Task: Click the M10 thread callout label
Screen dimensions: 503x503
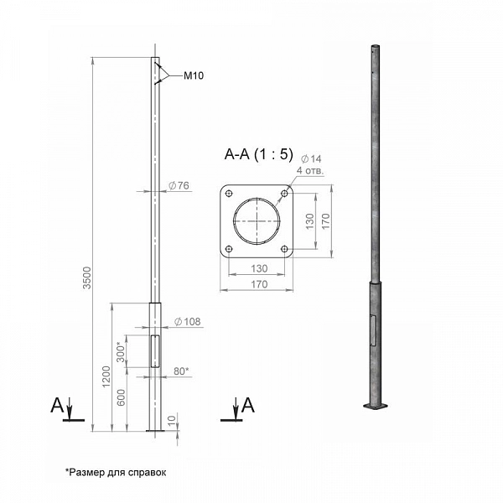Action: tap(194, 75)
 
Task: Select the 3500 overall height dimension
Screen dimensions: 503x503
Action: tap(87, 277)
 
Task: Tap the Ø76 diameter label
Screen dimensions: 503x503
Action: tap(179, 185)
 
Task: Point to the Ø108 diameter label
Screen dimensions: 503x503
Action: tap(187, 321)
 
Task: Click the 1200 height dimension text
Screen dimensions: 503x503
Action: tap(106, 376)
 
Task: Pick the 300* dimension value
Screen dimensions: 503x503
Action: tap(120, 352)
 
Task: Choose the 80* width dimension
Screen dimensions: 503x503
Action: tap(181, 371)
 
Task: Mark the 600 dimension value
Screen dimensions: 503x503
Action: tap(121, 397)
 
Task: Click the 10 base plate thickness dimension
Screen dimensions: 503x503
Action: tap(172, 419)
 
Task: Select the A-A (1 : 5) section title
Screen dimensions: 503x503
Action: tap(258, 154)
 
